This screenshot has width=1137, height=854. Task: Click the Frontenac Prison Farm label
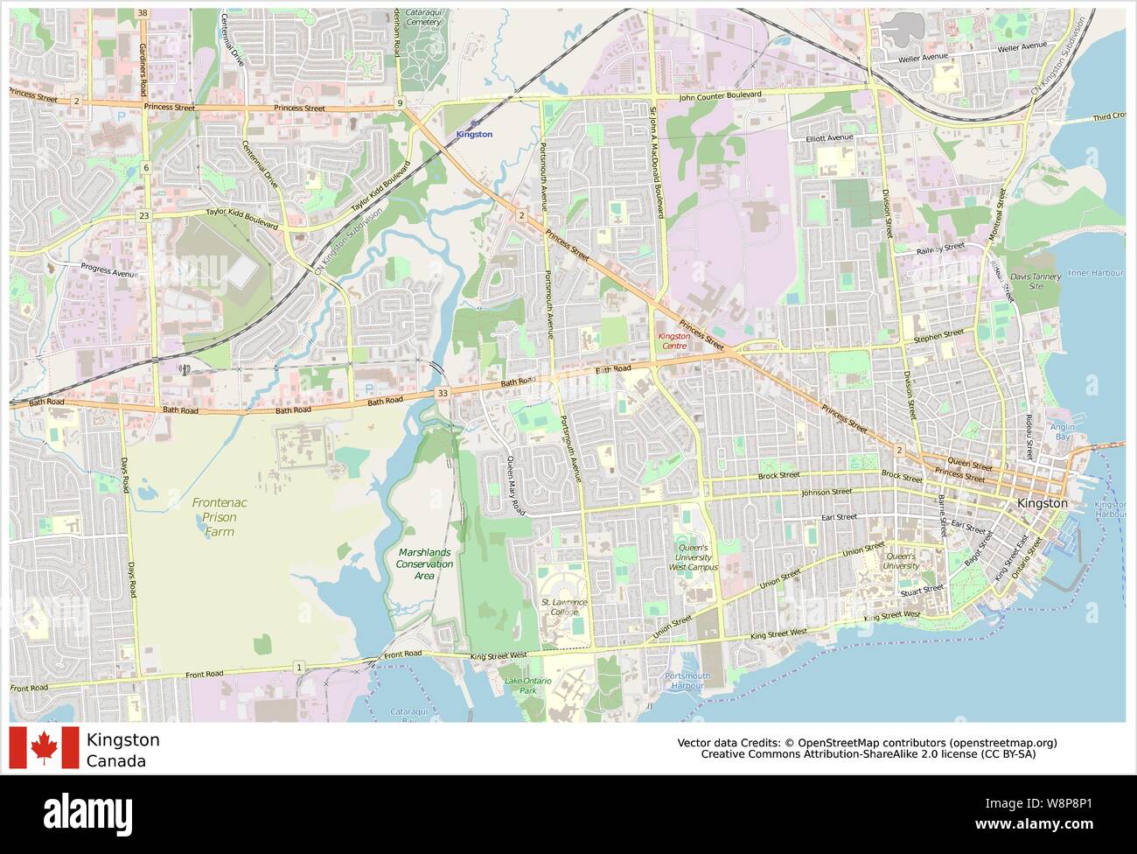click(215, 516)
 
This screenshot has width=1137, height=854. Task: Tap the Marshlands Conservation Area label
click(424, 563)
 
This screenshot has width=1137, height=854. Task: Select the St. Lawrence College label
click(564, 606)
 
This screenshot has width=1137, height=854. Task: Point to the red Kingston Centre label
click(673, 340)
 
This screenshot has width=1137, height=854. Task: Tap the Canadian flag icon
click(44, 748)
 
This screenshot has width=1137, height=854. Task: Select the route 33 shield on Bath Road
click(443, 393)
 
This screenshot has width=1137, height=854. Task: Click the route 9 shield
click(400, 103)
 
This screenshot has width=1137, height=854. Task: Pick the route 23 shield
click(143, 215)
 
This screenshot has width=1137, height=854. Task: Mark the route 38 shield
click(143, 13)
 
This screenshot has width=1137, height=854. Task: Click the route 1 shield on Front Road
click(299, 667)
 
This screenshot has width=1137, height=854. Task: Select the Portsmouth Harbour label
click(687, 680)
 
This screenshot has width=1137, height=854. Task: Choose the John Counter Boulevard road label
click(719, 94)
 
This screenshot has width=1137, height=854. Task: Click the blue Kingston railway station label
click(474, 134)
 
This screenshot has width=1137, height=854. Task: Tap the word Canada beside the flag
click(115, 760)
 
